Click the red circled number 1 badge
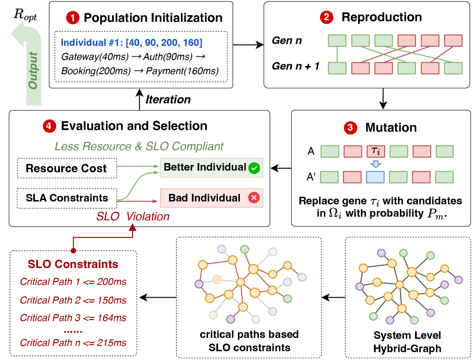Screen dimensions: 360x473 (73, 19)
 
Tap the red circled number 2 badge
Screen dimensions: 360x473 (326, 18)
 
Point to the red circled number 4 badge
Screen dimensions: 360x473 (48, 126)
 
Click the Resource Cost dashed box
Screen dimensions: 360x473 (66, 168)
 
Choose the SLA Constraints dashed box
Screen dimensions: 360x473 (67, 198)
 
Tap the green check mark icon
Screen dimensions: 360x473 (254, 167)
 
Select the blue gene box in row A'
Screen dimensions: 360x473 (376, 177)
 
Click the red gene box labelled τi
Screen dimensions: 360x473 (376, 152)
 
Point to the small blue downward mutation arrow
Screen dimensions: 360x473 (376, 164)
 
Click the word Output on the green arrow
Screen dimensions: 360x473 (33, 72)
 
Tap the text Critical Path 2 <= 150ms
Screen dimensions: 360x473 (73, 300)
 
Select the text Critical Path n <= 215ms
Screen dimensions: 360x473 (73, 342)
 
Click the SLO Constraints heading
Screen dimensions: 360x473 (73, 264)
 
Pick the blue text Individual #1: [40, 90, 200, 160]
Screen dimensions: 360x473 (132, 43)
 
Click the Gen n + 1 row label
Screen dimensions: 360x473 (295, 66)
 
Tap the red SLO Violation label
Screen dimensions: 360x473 (133, 217)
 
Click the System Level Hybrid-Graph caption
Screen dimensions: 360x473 (407, 341)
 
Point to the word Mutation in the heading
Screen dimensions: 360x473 (391, 127)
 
